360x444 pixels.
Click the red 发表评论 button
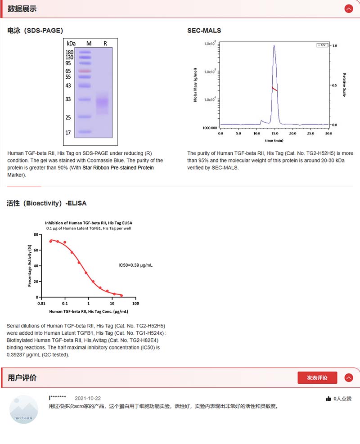tap(317, 378)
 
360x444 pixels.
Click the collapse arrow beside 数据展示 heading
tap(349, 9)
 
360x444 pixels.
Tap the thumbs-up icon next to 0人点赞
tap(328, 399)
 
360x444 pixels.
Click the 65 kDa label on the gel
tap(68, 71)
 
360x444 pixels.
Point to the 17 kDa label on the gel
tap(68, 133)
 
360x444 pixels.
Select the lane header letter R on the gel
tap(105, 44)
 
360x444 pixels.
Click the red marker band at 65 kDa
tap(85, 71)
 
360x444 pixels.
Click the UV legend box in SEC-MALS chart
tap(322, 45)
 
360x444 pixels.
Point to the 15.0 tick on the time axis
tap(274, 134)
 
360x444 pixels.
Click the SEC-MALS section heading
tap(204, 31)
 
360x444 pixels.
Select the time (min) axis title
tap(274, 140)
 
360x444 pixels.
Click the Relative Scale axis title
tap(344, 85)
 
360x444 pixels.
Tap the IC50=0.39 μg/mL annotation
tap(135, 265)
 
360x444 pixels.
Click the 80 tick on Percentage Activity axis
tap(36, 234)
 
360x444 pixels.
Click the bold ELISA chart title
tap(89, 223)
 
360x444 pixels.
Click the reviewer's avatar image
tap(24, 409)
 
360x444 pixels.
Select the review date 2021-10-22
tap(87, 399)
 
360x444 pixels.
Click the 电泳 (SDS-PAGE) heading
tap(35, 31)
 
